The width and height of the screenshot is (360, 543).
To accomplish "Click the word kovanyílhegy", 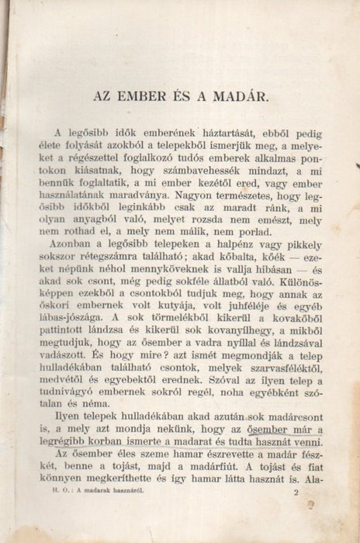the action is (x=225, y=333).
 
